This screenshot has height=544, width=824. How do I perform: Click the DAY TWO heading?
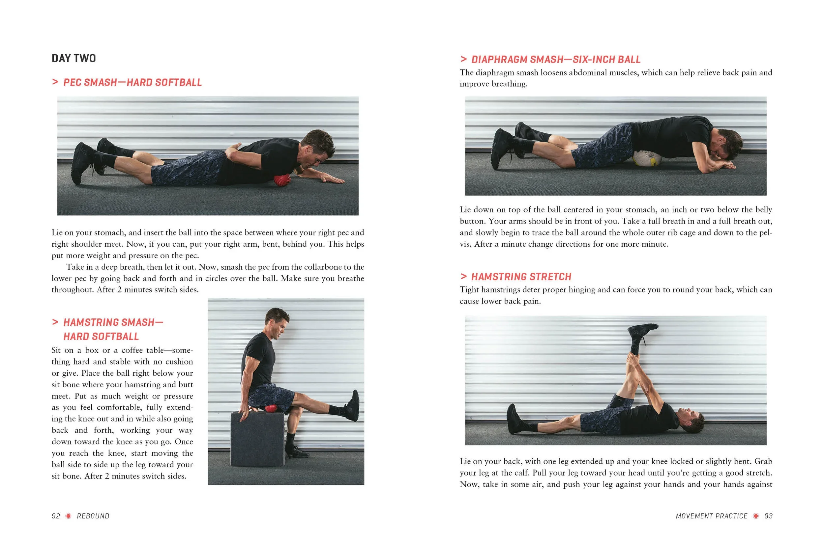point(74,58)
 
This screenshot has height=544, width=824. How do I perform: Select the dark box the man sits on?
point(257,439)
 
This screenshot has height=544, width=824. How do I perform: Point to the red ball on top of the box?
point(271,408)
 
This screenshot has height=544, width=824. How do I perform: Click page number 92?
point(56,516)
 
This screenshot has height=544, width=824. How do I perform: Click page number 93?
point(768,516)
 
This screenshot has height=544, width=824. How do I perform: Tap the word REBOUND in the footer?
point(93,516)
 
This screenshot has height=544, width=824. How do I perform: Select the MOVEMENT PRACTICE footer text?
point(712,516)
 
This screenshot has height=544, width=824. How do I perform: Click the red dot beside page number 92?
point(69,516)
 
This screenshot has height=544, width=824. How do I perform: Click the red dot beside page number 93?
point(756,516)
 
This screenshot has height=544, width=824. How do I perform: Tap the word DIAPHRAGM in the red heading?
point(499,59)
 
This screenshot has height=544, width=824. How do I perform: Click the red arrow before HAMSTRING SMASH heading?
point(55,322)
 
